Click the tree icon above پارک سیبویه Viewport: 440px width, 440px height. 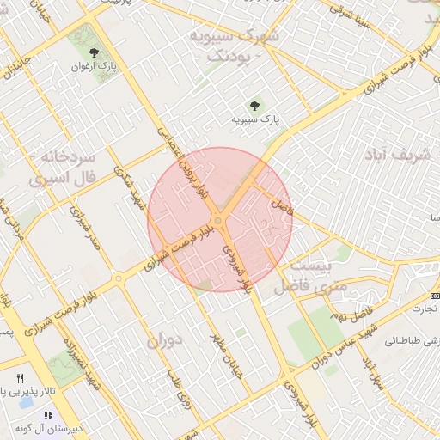pyautogui.click(x=254, y=107)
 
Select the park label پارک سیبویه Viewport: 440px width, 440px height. pyautogui.click(x=256, y=120)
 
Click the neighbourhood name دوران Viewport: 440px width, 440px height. pyautogui.click(x=167, y=340)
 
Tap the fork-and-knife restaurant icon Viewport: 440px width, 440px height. pyautogui.click(x=21, y=377)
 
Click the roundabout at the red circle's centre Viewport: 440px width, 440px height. pyautogui.click(x=219, y=221)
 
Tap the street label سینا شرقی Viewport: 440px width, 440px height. pyautogui.click(x=350, y=18)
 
